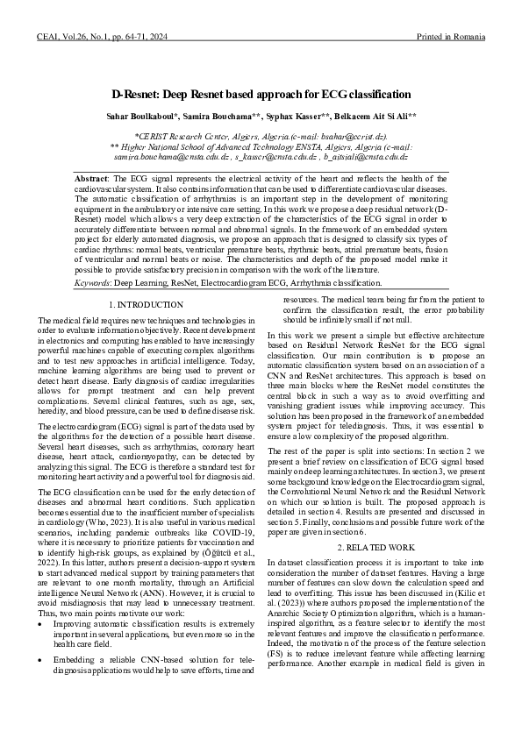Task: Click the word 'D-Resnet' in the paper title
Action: pos(137,94)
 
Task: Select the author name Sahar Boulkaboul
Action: pos(139,115)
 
